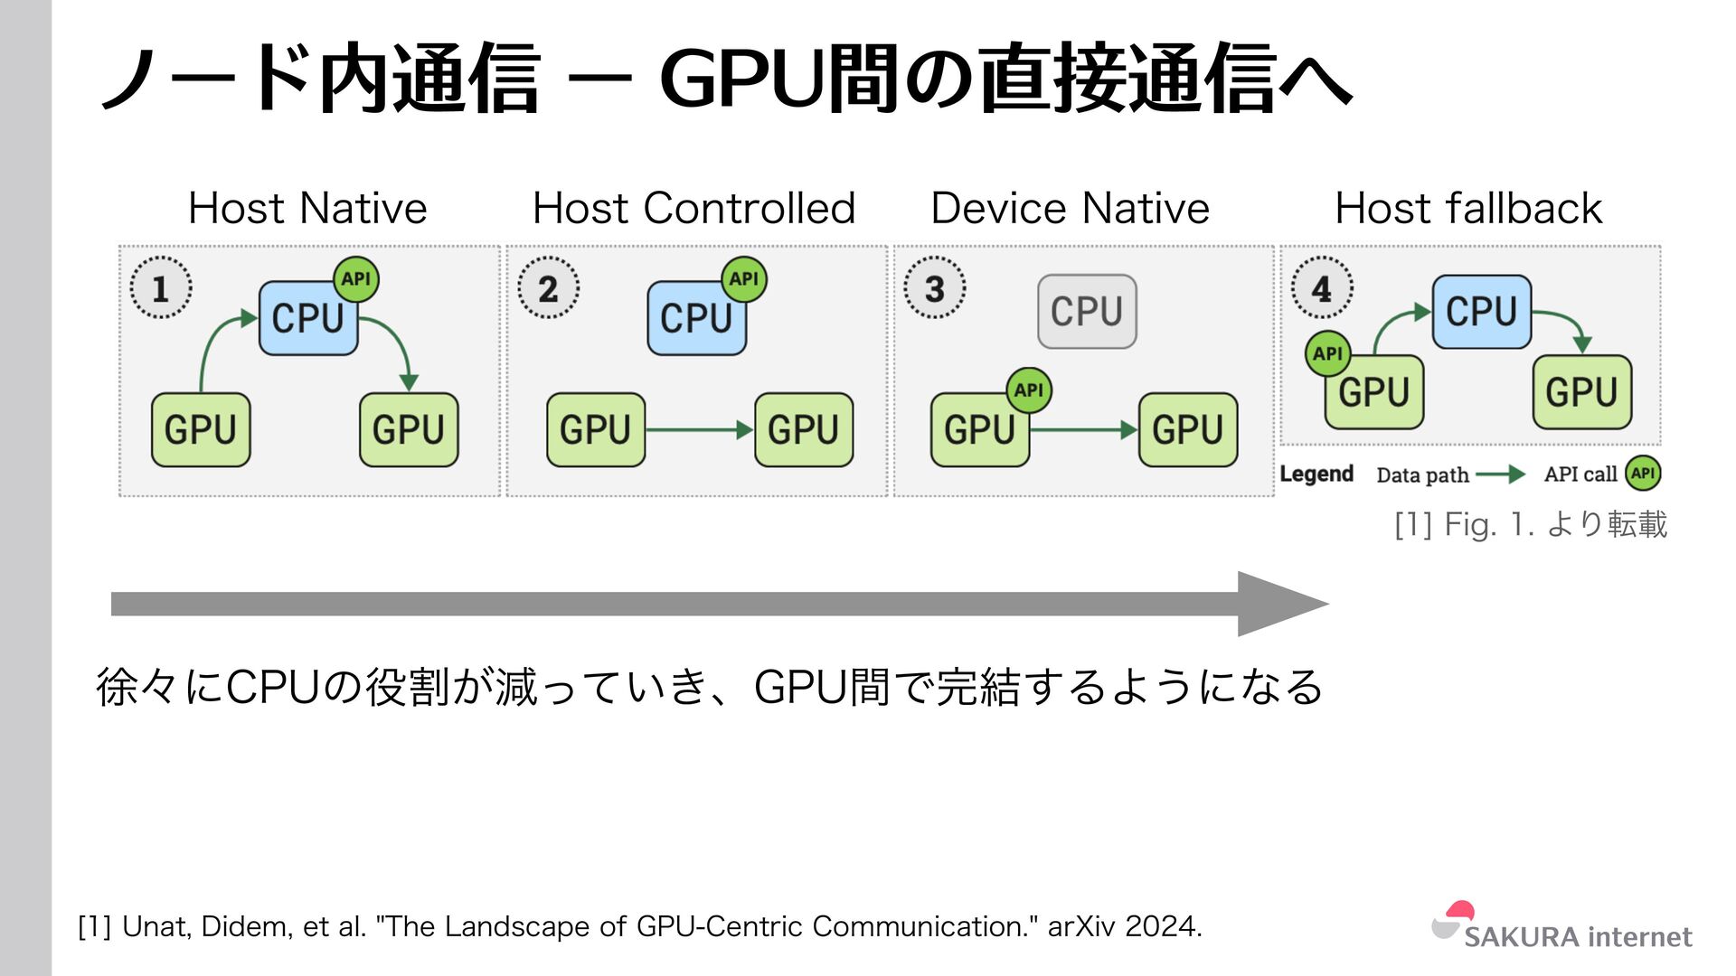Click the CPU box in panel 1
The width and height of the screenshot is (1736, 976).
[x=307, y=318]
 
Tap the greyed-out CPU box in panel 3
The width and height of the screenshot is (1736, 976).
[x=1087, y=312]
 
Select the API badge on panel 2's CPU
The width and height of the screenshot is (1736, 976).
[x=743, y=279]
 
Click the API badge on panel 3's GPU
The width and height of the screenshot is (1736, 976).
[x=1029, y=390]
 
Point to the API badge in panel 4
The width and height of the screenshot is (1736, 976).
[x=1327, y=353]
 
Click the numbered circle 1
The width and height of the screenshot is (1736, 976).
[x=161, y=288]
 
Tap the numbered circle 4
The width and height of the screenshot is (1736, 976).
[x=1322, y=288]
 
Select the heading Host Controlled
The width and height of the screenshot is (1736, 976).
[x=693, y=209]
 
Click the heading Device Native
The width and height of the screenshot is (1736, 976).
[x=1070, y=209]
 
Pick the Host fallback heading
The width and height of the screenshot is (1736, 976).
[x=1468, y=209]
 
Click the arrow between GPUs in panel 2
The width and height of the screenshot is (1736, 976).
[x=700, y=429]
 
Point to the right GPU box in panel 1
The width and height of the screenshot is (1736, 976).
[x=409, y=429]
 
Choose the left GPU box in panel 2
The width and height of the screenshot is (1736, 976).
[x=596, y=429]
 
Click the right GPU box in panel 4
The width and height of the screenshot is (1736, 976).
[x=1581, y=392]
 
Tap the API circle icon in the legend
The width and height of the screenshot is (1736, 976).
[x=1643, y=474]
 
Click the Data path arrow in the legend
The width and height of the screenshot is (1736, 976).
[x=1501, y=474]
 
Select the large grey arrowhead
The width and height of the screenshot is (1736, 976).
[x=1279, y=604]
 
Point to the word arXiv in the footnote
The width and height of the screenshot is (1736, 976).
[x=1081, y=926]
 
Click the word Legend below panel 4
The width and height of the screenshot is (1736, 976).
[x=1316, y=474]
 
